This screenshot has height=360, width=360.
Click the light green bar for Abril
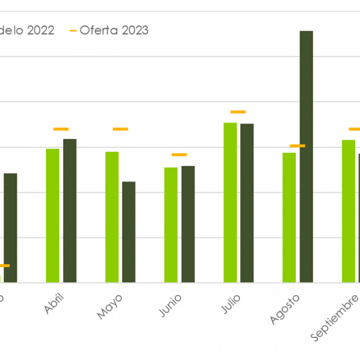point(53,215)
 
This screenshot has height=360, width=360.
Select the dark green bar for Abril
point(70,210)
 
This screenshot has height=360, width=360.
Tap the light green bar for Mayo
point(112,217)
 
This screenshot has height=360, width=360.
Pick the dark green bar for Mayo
point(128,232)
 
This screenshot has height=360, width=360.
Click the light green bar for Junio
point(171,225)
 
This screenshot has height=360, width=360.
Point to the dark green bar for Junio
point(188,224)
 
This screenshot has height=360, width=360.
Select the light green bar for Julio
point(230,203)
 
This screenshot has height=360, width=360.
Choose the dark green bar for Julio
point(247,203)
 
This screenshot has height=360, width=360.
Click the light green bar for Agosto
point(289,218)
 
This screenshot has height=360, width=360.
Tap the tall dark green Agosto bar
point(306,157)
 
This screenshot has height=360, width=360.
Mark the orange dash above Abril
point(61,129)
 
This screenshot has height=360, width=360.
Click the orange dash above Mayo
point(120,129)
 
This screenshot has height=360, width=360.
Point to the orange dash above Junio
point(179,155)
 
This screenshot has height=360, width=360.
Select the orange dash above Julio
point(238,112)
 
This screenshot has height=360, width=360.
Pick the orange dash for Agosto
point(297,146)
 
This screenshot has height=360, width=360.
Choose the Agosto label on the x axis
point(286,309)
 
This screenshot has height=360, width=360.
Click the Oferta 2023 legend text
point(114,30)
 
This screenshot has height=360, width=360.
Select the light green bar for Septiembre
point(348,211)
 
